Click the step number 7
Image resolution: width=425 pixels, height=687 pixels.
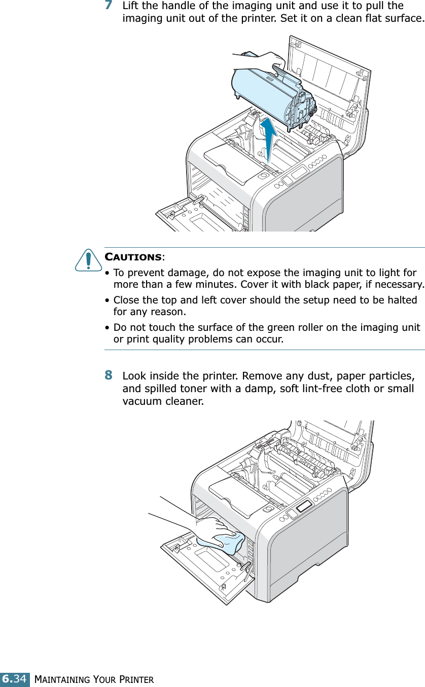[109, 7]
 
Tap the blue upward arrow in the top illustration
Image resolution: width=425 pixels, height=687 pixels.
[269, 137]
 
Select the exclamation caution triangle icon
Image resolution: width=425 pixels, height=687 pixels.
[89, 260]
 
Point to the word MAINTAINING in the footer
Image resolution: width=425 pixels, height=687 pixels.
[59, 678]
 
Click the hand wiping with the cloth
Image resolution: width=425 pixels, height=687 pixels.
[213, 529]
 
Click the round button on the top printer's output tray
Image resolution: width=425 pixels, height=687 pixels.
[263, 176]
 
